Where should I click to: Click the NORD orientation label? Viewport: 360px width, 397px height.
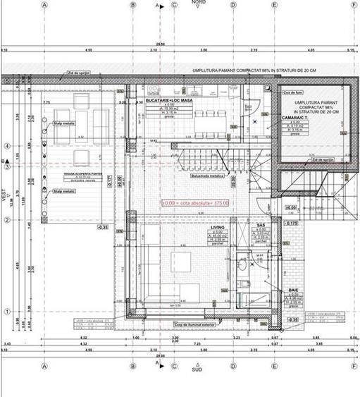199,2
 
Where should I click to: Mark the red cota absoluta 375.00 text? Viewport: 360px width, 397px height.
195,203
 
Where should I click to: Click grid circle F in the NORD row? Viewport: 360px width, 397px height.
354,4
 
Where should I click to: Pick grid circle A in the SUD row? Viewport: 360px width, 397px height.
44,365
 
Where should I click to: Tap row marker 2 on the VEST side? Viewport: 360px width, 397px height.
7,220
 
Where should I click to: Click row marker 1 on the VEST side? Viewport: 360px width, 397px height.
7,312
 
